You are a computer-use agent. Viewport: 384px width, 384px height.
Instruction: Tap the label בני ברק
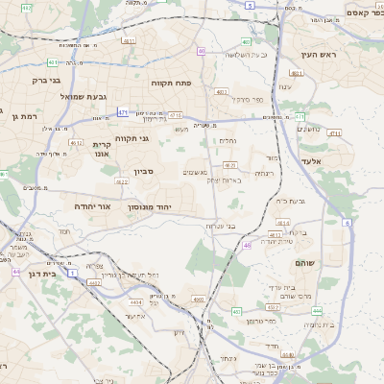(46, 81)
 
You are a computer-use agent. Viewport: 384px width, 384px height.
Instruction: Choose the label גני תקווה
(132, 138)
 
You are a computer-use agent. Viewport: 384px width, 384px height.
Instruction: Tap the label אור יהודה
(93, 206)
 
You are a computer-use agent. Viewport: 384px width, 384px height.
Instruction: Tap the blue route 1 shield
(73, 274)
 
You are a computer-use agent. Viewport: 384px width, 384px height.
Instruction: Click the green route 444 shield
(316, 310)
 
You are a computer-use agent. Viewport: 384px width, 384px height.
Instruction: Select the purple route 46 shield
(247, 246)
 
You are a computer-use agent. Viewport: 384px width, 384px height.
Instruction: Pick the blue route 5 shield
(251, 6)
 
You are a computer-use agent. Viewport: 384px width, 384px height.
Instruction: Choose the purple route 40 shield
(202, 51)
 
